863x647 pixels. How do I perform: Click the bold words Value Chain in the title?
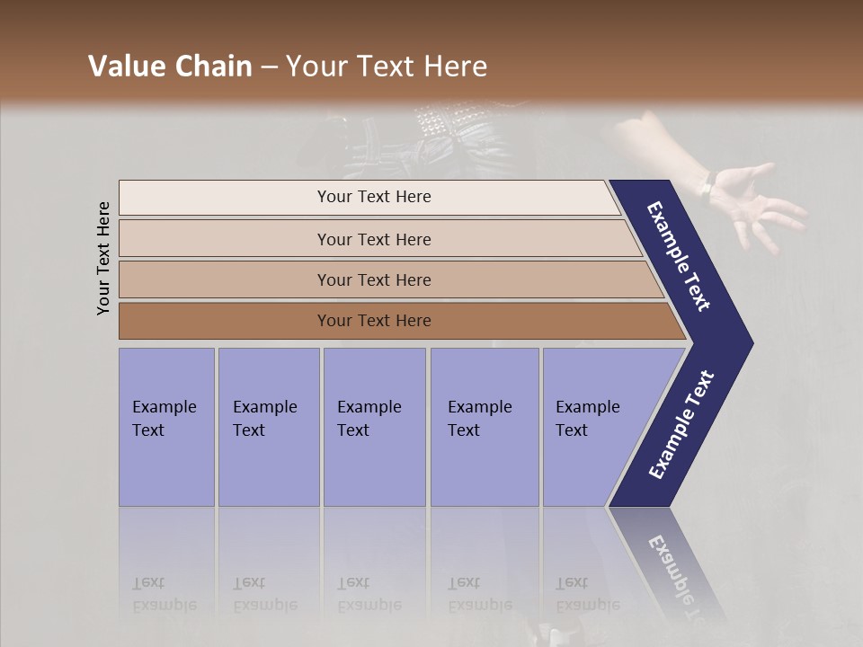tap(170, 66)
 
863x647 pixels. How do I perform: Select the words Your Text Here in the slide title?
tap(387, 66)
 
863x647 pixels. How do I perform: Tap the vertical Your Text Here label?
tap(103, 258)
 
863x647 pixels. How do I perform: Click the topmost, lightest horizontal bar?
tap(373, 197)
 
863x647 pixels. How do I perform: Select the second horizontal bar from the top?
tap(373, 239)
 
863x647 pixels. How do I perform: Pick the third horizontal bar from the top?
tap(373, 279)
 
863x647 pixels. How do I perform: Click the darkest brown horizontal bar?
tap(373, 321)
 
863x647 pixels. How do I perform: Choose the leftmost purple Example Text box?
tap(166, 427)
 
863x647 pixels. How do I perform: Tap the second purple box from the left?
tap(268, 427)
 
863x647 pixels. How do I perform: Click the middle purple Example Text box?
tap(374, 427)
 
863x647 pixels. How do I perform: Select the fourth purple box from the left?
tap(484, 427)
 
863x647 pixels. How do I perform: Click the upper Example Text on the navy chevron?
tap(680, 256)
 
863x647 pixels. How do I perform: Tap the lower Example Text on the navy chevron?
tap(681, 424)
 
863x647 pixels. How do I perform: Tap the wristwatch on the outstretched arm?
tap(707, 186)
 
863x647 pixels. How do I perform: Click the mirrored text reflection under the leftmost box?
tap(164, 594)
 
